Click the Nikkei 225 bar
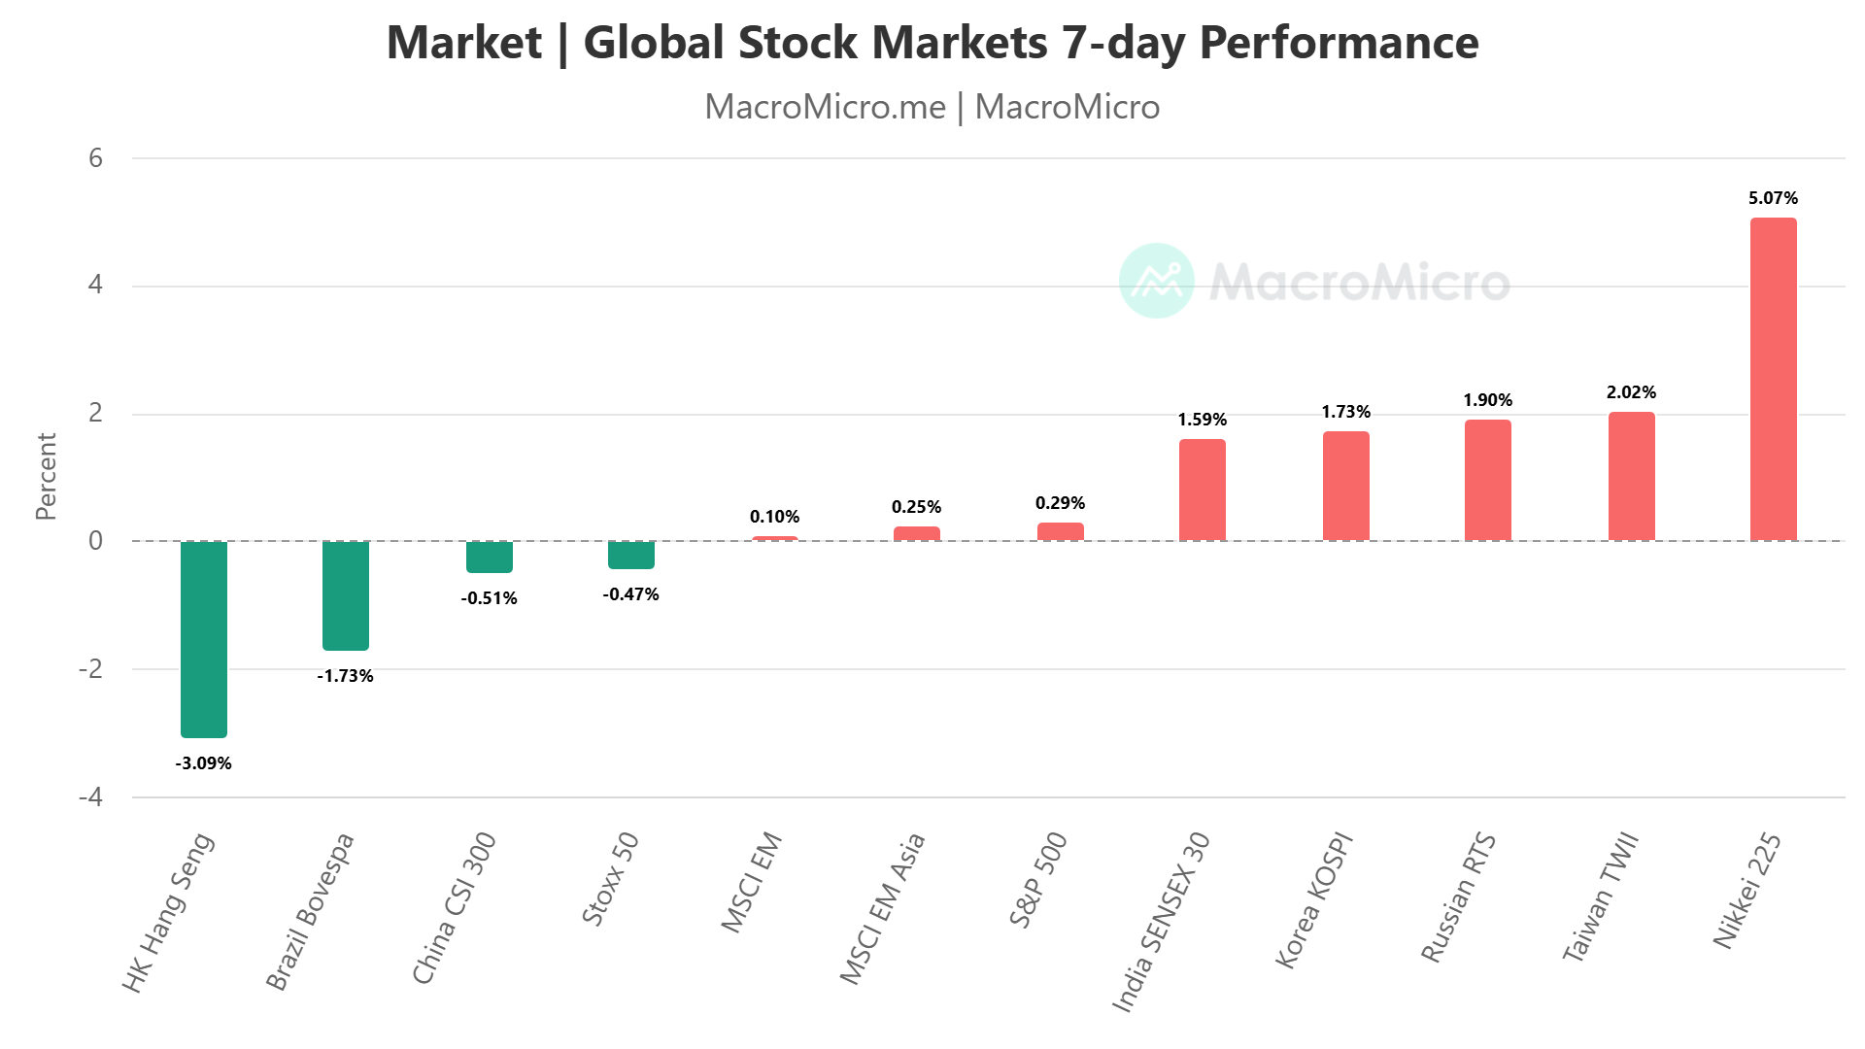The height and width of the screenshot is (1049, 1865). (1773, 379)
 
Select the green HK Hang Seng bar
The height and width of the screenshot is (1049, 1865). (204, 638)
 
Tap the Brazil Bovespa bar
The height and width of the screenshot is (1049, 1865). (346, 594)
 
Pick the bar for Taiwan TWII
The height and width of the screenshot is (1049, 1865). (1631, 476)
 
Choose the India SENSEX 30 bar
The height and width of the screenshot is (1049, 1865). (1203, 490)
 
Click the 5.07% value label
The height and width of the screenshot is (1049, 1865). (1773, 198)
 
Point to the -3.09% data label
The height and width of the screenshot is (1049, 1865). (204, 763)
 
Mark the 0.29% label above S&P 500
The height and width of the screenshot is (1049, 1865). (1060, 503)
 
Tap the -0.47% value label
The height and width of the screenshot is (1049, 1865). (631, 594)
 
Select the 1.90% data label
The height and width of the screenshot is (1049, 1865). (1488, 400)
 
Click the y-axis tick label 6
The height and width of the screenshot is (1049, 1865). (95, 158)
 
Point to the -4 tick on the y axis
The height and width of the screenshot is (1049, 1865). (90, 797)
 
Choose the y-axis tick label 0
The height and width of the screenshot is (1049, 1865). (95, 541)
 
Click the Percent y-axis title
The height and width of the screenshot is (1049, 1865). (46, 476)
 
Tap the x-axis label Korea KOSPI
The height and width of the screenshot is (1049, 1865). (1313, 899)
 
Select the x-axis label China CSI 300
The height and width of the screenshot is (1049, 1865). (455, 907)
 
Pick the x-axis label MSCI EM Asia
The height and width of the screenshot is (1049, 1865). (882, 908)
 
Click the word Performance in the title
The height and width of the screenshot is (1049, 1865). (1339, 43)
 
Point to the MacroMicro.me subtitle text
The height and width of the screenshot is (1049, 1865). (825, 107)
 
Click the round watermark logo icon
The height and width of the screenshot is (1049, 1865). (1156, 281)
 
